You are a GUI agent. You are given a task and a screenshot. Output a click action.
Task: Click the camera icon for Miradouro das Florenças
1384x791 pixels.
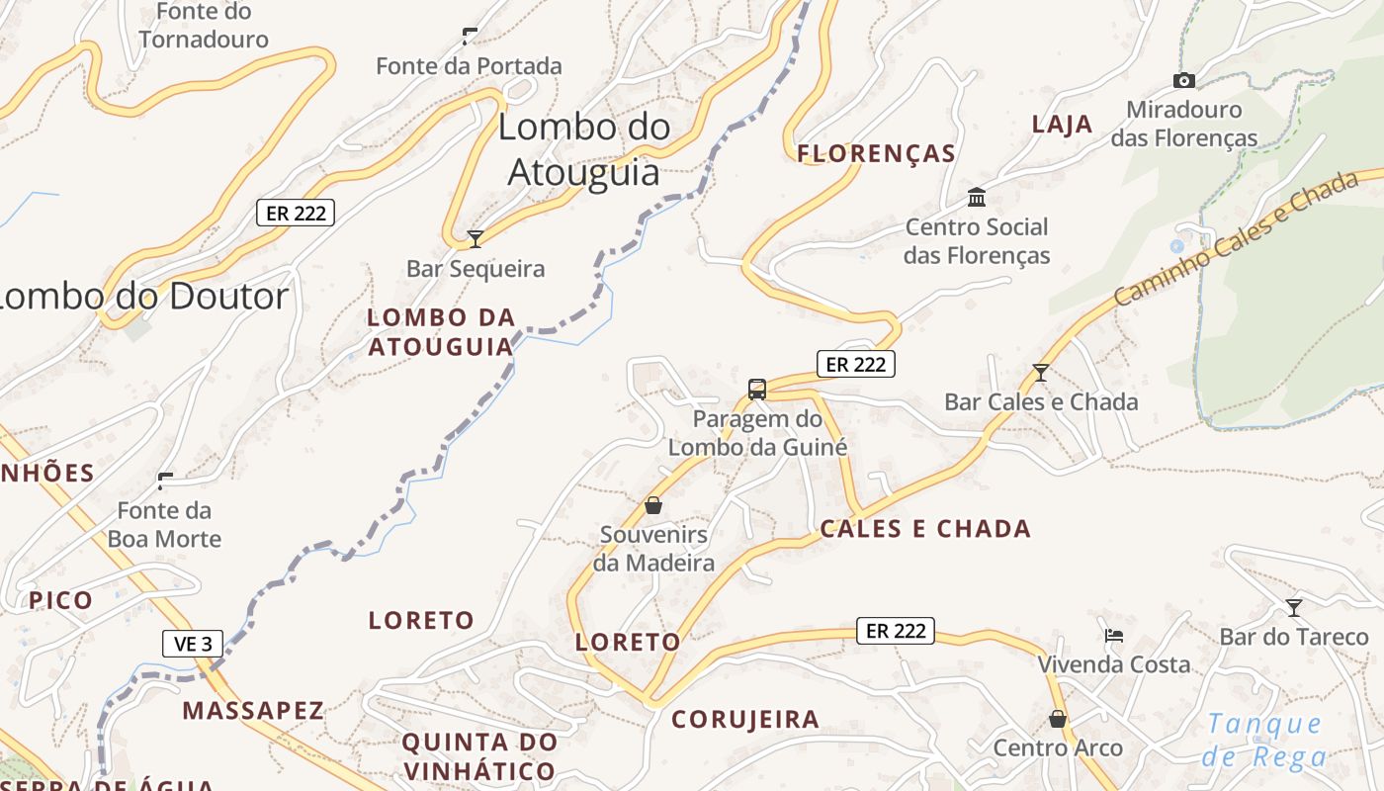(x=1183, y=80)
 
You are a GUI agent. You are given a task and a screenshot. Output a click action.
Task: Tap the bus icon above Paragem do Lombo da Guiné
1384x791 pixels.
(x=757, y=389)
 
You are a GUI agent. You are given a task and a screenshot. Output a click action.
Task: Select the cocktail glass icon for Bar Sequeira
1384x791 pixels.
(x=476, y=238)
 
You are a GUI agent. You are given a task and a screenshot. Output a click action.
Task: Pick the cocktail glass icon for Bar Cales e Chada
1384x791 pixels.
(x=1040, y=373)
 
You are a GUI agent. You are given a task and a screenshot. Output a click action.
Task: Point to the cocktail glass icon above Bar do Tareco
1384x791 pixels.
(x=1293, y=607)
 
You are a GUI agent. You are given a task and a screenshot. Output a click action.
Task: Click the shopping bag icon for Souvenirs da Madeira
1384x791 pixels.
(x=653, y=505)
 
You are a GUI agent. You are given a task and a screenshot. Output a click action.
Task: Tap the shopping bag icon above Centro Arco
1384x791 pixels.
(x=1058, y=719)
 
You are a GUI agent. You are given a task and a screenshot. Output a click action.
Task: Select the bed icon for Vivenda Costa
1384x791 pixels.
(x=1114, y=635)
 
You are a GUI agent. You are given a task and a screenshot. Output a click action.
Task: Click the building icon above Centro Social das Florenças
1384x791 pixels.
(x=977, y=197)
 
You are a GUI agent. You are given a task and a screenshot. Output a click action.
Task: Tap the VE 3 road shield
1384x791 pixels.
(x=193, y=644)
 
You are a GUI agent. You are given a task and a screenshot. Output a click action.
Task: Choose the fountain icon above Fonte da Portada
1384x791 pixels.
(x=470, y=37)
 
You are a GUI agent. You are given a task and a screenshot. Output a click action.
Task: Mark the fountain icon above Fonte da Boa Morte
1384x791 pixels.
(x=165, y=482)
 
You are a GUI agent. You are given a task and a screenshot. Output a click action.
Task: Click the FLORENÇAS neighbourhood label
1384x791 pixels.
(x=876, y=153)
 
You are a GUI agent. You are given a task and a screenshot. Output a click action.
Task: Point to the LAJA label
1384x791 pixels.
(x=1063, y=125)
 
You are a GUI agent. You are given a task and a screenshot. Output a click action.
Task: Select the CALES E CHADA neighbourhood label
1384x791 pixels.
(x=925, y=529)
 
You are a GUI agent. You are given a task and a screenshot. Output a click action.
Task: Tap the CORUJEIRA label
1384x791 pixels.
(x=745, y=720)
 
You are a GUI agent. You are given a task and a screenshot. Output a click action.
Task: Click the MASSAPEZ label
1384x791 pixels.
(x=253, y=710)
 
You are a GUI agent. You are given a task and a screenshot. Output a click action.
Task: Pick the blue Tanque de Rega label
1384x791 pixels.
(x=1264, y=740)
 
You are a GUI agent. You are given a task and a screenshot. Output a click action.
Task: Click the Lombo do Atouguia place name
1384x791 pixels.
(x=583, y=148)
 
